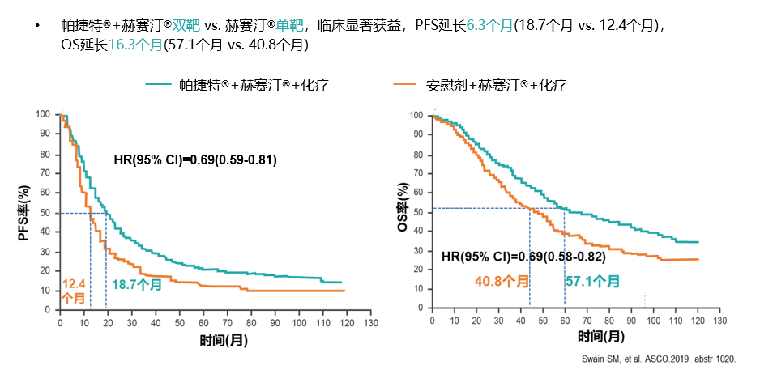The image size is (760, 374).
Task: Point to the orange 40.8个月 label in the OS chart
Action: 502,282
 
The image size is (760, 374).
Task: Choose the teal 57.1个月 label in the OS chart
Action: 592,282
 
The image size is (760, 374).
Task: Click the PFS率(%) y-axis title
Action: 23,213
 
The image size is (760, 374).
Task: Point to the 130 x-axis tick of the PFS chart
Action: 370,322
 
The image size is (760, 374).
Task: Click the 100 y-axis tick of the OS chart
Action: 416,115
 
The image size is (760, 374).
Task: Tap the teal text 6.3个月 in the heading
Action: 489,25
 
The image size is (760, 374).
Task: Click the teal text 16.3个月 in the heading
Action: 136,45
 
